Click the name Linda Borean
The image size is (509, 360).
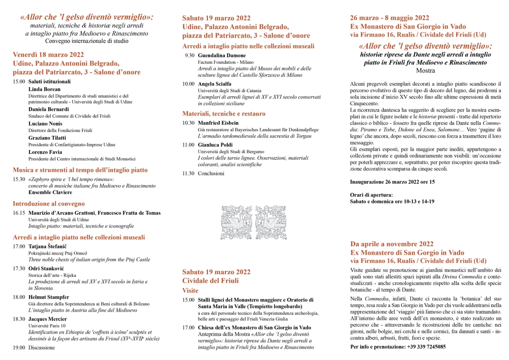click(44, 89)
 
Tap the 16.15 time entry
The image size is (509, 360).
click(19, 213)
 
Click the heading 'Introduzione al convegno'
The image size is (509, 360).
click(49, 204)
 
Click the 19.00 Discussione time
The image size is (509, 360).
click(19, 347)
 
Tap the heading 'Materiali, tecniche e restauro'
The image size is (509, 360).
click(224, 113)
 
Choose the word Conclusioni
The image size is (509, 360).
click(211, 173)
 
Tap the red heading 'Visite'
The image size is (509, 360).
click(190, 290)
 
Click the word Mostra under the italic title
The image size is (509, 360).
click(425, 70)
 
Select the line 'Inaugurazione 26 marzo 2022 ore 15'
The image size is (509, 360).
click(392, 182)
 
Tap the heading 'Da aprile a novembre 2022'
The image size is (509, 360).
click(392, 244)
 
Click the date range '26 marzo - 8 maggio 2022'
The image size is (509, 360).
click(389, 18)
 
